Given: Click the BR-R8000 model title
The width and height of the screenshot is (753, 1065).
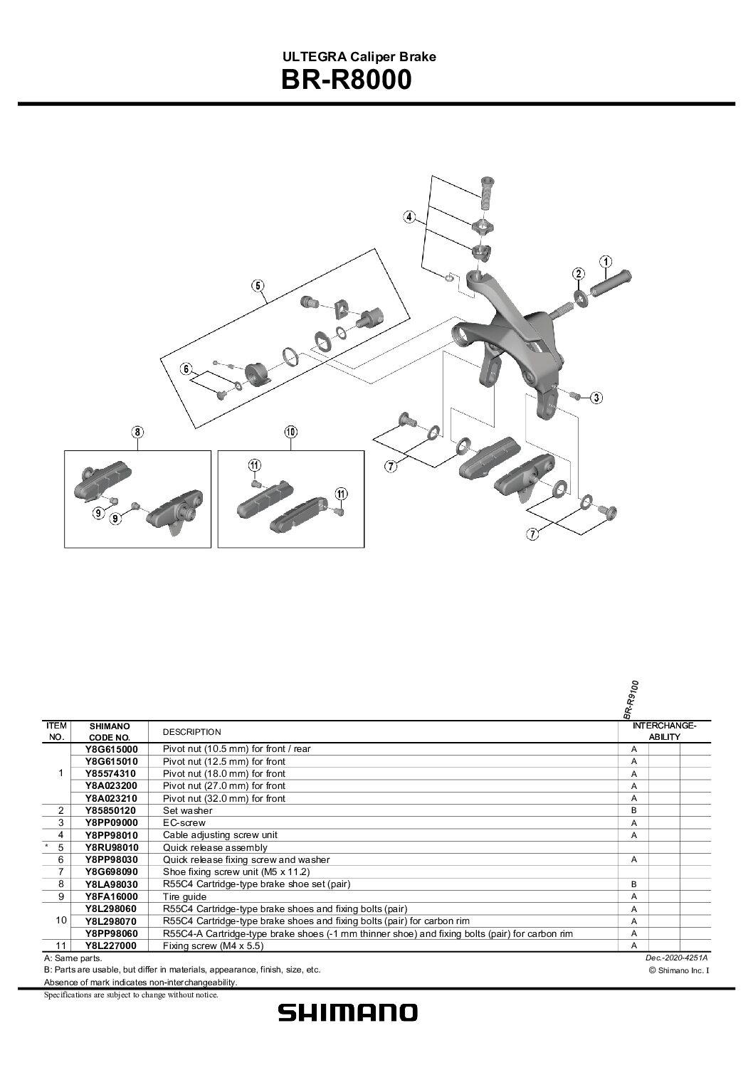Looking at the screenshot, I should (x=346, y=80).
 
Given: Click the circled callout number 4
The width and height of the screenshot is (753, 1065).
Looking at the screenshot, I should (x=409, y=217).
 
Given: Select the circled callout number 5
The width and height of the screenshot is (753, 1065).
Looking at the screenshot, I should (x=258, y=286).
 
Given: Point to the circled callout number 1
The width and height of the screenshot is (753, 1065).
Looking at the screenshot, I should (x=605, y=261).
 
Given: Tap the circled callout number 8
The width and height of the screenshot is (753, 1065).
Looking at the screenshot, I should (x=137, y=431).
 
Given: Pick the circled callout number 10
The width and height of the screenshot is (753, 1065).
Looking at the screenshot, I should (x=290, y=431).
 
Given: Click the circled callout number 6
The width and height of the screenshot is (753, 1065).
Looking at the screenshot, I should (x=186, y=369).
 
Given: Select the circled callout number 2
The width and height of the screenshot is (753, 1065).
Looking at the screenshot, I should (x=579, y=274).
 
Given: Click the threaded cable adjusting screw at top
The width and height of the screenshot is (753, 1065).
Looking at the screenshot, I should (x=488, y=191).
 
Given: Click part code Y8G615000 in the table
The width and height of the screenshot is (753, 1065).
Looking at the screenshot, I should (x=111, y=749).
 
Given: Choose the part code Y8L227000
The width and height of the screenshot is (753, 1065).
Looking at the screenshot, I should (x=111, y=945).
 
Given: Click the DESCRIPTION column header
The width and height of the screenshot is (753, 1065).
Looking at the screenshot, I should (x=191, y=732).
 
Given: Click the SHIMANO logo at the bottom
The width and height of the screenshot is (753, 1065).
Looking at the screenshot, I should (x=347, y=1012).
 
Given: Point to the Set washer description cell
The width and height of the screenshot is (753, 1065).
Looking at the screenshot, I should (x=187, y=810).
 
